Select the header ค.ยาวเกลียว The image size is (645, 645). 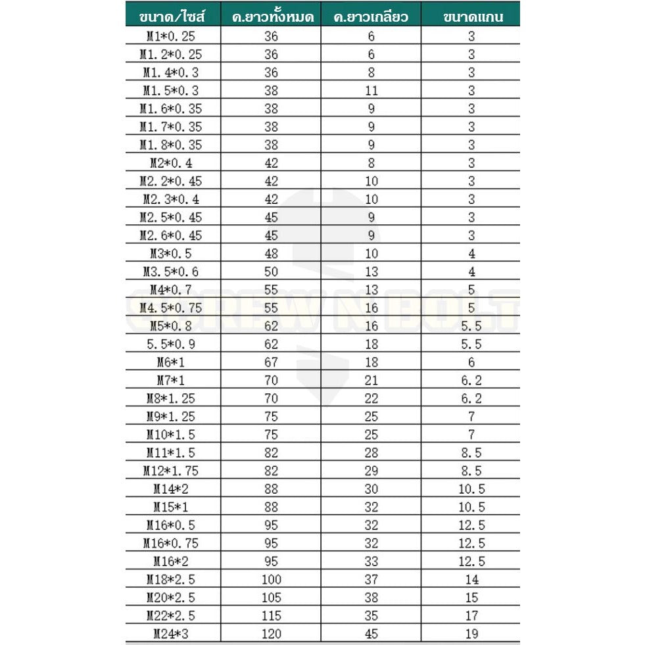click(371, 16)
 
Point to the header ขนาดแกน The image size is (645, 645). click(471, 16)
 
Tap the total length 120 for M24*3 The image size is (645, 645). click(271, 634)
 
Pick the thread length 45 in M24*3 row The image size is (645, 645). click(371, 634)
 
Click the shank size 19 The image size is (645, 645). click(471, 634)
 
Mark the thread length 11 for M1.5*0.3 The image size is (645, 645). click(371, 91)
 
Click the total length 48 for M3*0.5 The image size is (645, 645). click(271, 253)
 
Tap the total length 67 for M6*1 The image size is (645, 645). click(271, 362)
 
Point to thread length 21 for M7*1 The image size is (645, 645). click(371, 380)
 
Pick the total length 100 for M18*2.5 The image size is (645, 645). click(271, 579)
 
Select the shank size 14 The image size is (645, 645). click(471, 579)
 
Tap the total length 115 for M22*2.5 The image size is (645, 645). click(271, 615)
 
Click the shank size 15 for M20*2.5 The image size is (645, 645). click(471, 598)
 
